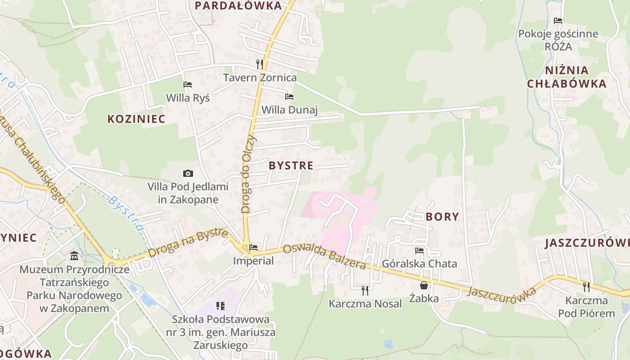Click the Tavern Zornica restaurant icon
tap(259, 64)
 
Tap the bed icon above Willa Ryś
tap(188, 85)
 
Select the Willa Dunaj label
tap(289, 110)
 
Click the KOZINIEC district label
tap(136, 119)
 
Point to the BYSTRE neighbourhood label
tap(291, 166)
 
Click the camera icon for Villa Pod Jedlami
tap(188, 173)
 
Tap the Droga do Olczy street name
tap(248, 174)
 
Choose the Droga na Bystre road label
tap(188, 243)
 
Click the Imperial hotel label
tap(253, 261)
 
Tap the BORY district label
tap(442, 217)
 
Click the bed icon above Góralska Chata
tap(419, 250)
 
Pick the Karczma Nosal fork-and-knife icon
tap(365, 290)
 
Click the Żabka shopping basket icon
tap(424, 285)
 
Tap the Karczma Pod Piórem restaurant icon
tap(586, 287)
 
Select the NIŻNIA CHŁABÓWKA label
tap(567, 77)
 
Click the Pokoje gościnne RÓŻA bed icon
tap(558, 21)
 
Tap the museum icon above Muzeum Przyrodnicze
tap(74, 256)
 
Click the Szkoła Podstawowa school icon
tap(220, 306)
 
